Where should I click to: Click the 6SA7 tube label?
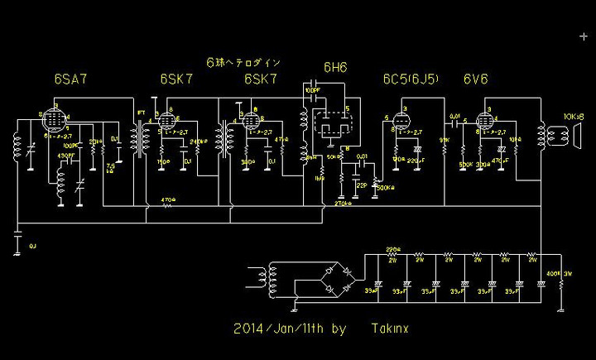tap(70, 80)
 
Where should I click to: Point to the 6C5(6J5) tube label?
tap(410, 80)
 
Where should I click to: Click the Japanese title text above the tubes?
tap(243, 62)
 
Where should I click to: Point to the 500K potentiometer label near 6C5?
tap(384, 187)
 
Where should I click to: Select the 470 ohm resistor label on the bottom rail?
tap(169, 199)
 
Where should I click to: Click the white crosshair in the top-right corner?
tap(584, 36)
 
